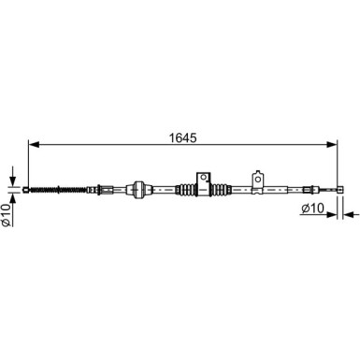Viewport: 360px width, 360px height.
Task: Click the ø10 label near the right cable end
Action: click(x=314, y=209)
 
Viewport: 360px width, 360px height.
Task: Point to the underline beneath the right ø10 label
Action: click(x=313, y=218)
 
